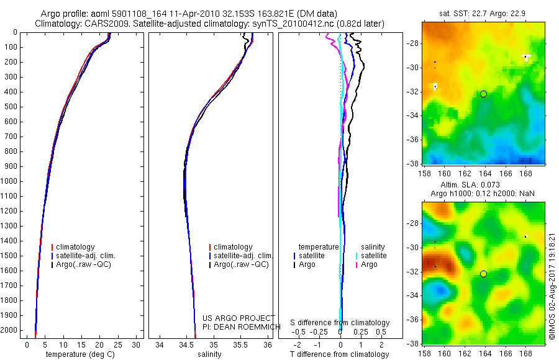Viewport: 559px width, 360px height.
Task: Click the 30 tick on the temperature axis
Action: (137, 344)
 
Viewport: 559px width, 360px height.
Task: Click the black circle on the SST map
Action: (483, 94)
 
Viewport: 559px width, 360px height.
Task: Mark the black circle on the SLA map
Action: (483, 274)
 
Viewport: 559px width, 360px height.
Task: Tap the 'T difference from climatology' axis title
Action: (340, 354)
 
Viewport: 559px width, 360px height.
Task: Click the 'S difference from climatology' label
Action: (340, 323)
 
